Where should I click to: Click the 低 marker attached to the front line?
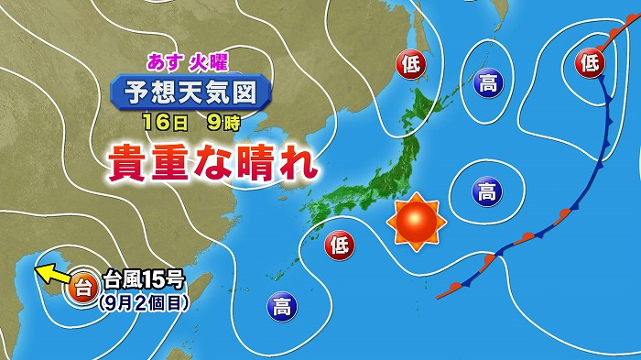point(590,63)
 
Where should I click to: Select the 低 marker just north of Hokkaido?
point(409,64)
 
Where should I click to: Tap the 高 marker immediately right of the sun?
point(487,191)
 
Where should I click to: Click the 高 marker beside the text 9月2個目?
point(279,306)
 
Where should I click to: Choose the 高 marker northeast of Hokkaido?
point(486,85)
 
